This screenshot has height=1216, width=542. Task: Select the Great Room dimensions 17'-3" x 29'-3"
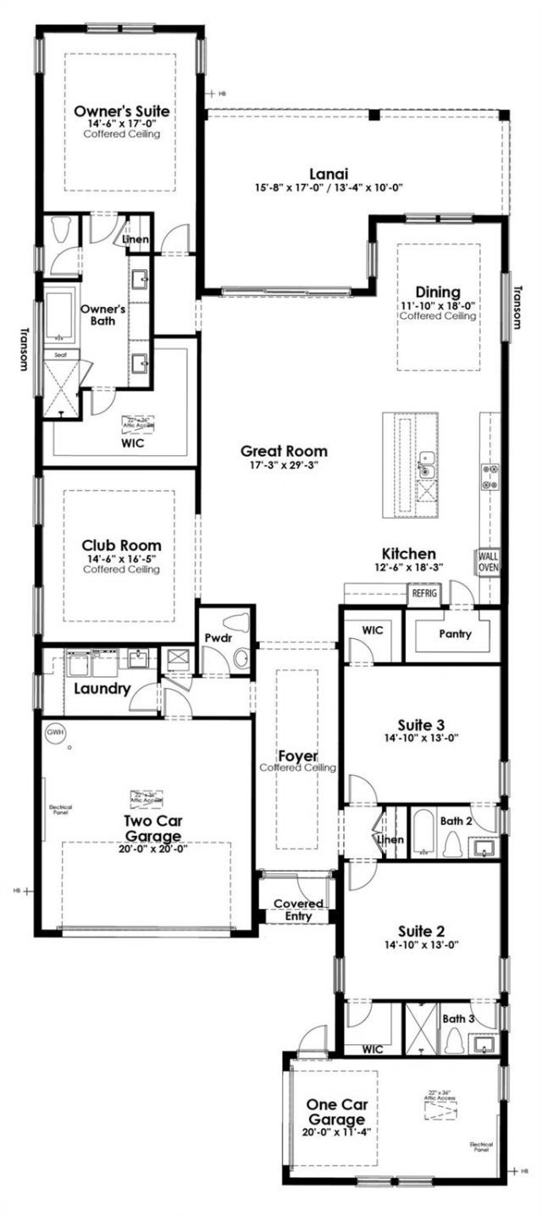(284, 465)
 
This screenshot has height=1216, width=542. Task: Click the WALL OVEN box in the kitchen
(489, 562)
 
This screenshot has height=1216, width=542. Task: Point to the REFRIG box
(423, 594)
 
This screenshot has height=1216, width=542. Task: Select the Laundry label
(102, 689)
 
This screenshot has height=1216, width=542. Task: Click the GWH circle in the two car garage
(55, 731)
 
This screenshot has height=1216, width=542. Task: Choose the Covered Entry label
(293, 910)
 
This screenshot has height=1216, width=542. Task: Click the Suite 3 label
(421, 724)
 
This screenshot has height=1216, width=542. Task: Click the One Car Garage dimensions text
(337, 1131)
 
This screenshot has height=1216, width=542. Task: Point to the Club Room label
(121, 546)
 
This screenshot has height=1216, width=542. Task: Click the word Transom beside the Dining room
(517, 306)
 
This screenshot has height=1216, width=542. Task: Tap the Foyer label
(297, 755)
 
